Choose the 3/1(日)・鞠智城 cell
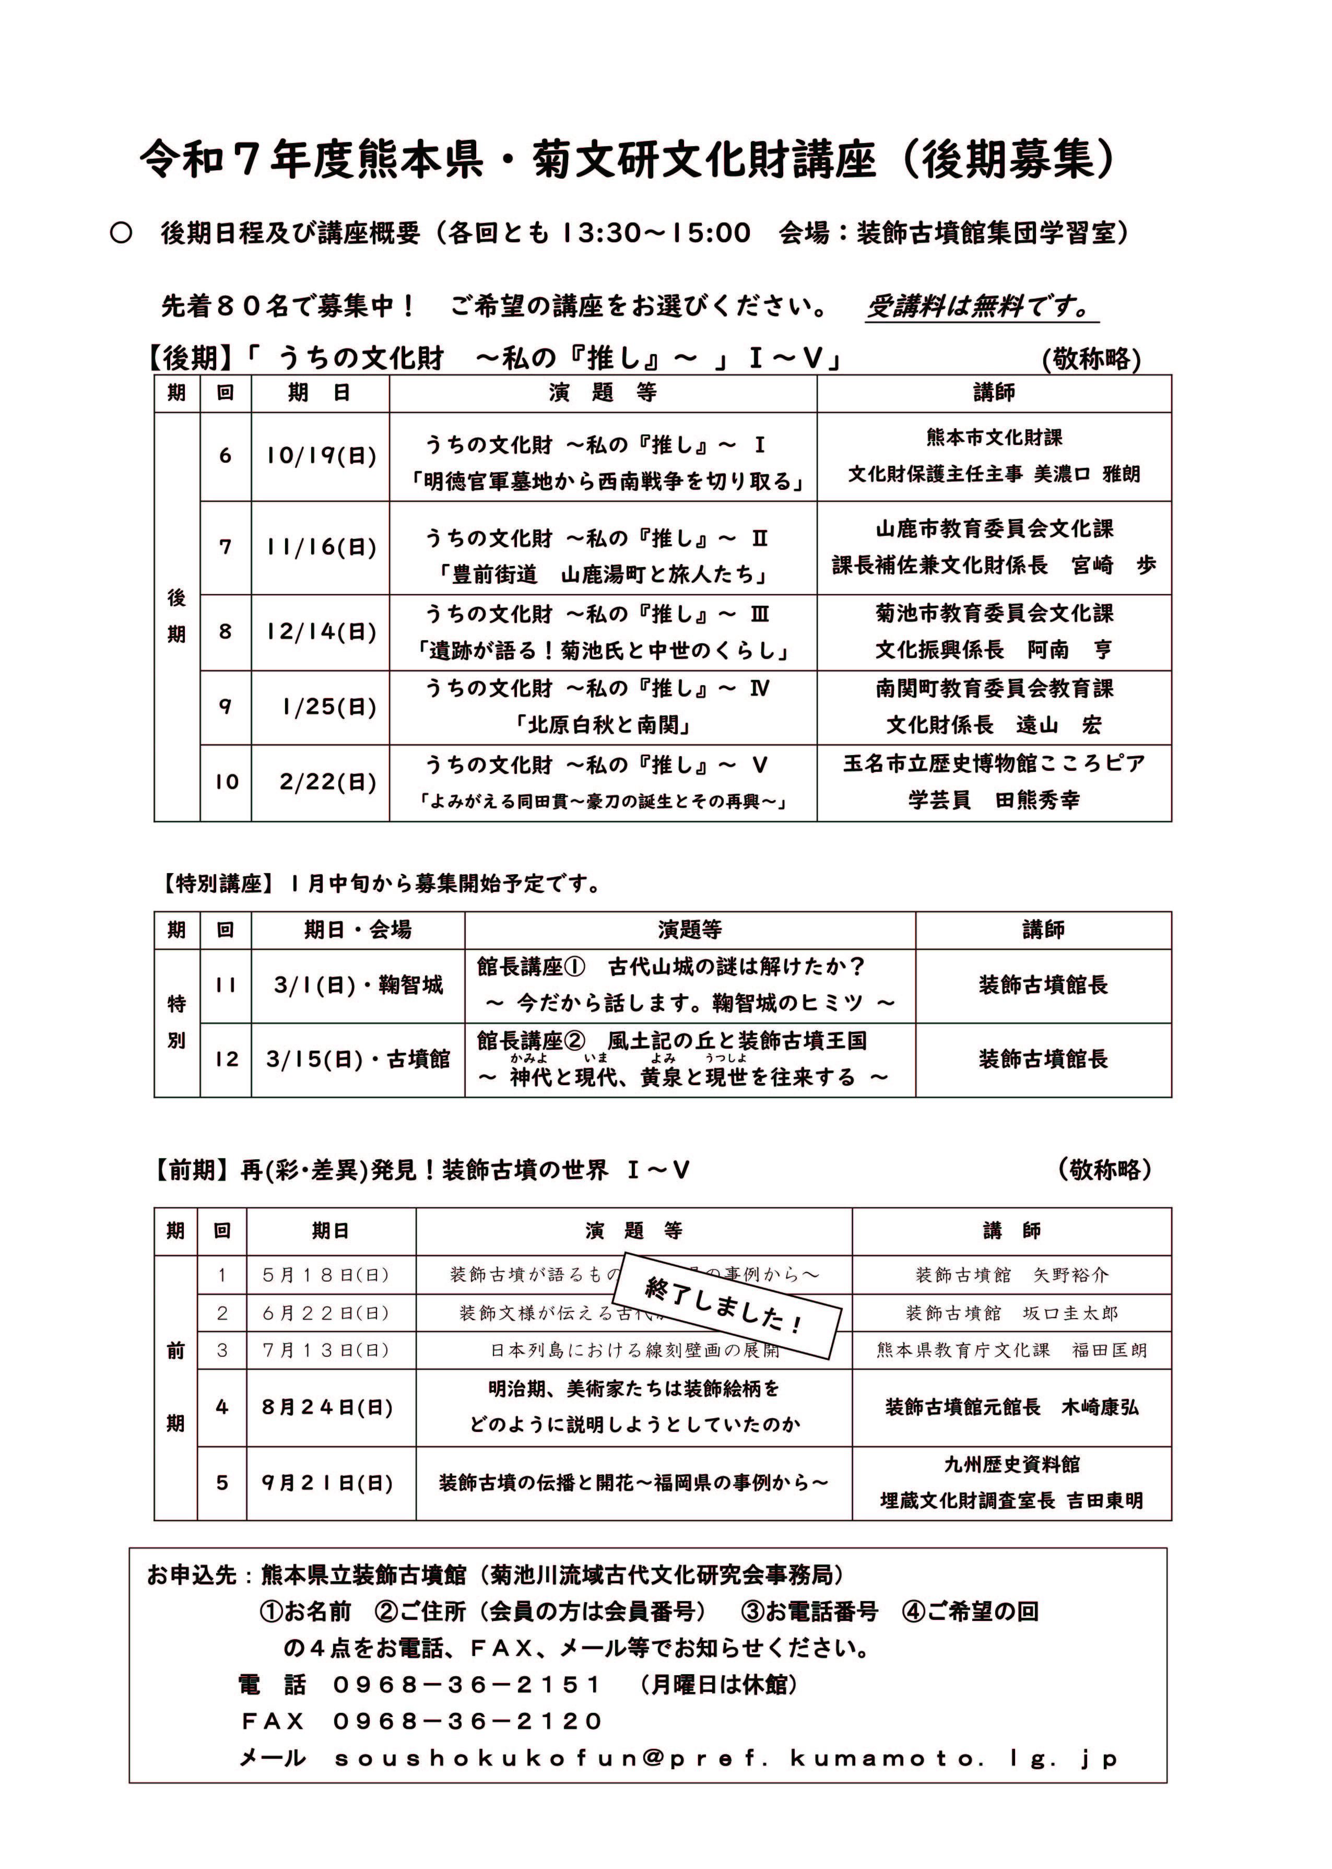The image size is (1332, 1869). [358, 985]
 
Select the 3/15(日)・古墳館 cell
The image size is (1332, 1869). [358, 1060]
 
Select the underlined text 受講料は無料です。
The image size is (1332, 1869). [980, 307]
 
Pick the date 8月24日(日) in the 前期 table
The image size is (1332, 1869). [328, 1407]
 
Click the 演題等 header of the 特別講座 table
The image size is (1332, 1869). [690, 930]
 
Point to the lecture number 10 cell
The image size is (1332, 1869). [226, 782]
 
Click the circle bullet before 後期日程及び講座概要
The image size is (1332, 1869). [121, 234]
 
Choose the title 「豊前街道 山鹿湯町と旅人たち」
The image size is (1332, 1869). [603, 575]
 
